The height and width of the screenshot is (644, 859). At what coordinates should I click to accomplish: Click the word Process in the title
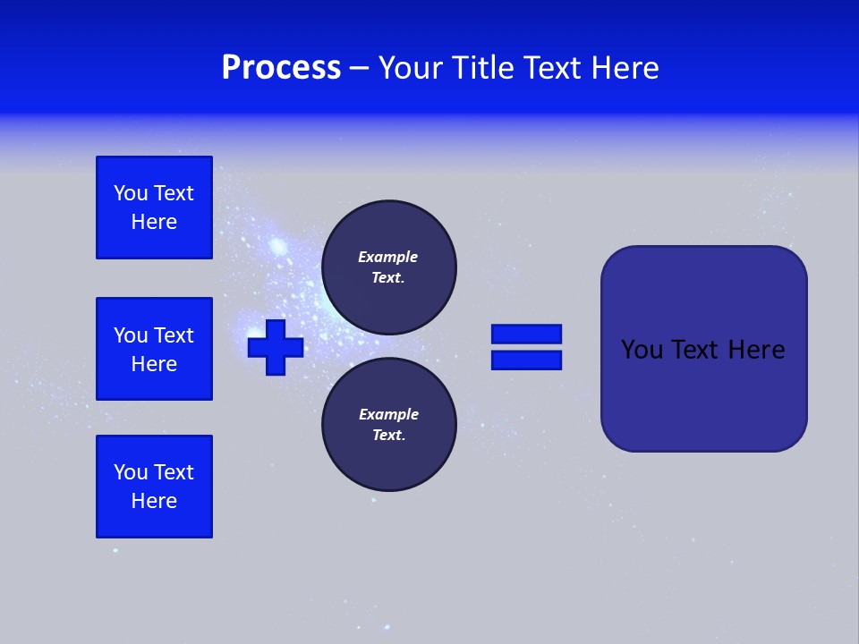click(281, 68)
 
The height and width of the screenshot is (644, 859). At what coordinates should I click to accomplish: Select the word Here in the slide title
click(626, 68)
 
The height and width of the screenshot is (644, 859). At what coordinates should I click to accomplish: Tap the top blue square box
click(154, 208)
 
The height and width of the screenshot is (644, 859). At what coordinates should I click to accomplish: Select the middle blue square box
click(154, 349)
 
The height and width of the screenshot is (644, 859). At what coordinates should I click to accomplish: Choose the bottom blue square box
click(154, 487)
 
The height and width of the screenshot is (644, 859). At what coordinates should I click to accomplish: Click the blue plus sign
click(276, 347)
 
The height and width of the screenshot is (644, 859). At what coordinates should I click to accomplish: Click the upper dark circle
click(389, 267)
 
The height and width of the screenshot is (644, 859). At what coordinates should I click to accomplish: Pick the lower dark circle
click(389, 425)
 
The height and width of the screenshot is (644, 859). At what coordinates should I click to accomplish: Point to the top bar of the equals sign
click(526, 334)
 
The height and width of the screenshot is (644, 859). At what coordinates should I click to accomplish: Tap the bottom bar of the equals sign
click(526, 360)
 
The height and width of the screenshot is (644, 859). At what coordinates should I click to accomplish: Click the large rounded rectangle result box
click(703, 394)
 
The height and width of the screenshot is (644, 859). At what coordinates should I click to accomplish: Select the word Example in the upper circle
click(388, 257)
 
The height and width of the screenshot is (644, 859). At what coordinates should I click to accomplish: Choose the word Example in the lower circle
click(388, 414)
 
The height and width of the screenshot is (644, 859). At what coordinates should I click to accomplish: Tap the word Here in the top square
click(154, 222)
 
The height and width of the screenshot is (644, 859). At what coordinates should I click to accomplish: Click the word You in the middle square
click(131, 335)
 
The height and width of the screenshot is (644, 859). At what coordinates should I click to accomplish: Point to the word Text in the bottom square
click(174, 472)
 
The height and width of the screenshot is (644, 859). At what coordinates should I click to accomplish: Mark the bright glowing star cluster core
click(278, 245)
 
